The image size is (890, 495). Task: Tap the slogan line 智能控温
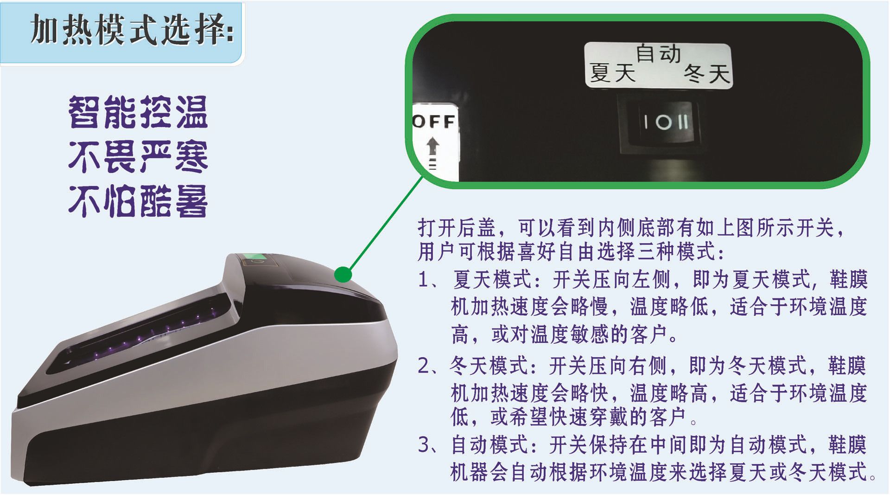pyautogui.click(x=138, y=112)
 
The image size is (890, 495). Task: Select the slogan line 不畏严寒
pyautogui.click(x=138, y=157)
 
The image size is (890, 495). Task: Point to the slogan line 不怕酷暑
pyautogui.click(x=138, y=201)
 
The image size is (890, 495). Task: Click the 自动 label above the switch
pyautogui.click(x=658, y=53)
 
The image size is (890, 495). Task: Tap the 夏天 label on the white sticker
pyautogui.click(x=612, y=73)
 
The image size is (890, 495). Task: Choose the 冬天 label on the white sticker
pyautogui.click(x=707, y=73)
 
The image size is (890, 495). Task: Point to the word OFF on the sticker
pyautogui.click(x=434, y=122)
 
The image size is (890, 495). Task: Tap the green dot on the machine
pyautogui.click(x=343, y=274)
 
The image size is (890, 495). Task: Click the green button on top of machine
pyautogui.click(x=255, y=257)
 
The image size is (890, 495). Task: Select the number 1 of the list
pyautogui.click(x=423, y=280)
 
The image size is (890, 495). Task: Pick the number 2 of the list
pyautogui.click(x=424, y=366)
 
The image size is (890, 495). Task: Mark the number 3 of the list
pyautogui.click(x=424, y=444)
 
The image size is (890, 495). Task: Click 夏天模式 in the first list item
pyautogui.click(x=492, y=280)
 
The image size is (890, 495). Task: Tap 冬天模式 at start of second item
pyautogui.click(x=489, y=366)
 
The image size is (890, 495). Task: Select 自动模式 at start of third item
pyautogui.click(x=490, y=444)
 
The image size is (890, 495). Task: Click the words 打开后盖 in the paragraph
pyautogui.click(x=457, y=227)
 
